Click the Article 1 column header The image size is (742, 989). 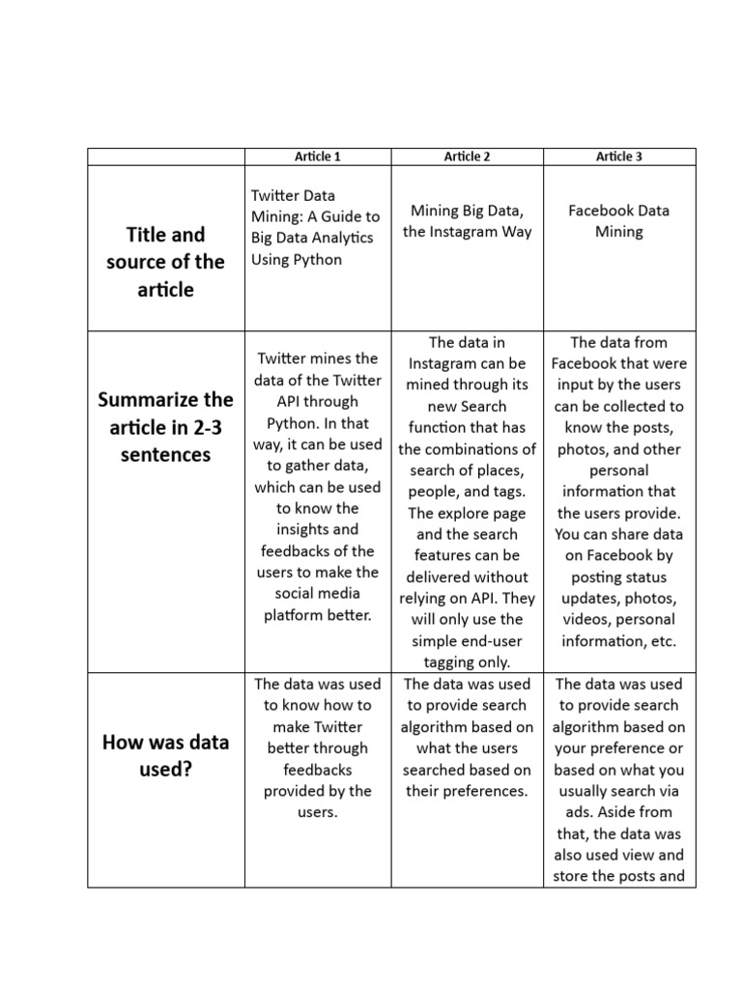point(317,156)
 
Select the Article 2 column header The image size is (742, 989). point(468,156)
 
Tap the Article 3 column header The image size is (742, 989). point(619,156)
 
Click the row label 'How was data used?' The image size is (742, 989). point(165,755)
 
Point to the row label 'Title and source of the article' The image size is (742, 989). point(165,262)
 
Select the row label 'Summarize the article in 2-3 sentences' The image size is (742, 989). point(165,427)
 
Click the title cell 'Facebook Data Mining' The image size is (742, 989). point(619,221)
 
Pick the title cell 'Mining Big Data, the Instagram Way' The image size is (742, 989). point(468,221)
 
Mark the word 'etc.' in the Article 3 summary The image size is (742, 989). point(661,640)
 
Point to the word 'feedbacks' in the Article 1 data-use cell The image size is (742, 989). point(317,770)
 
